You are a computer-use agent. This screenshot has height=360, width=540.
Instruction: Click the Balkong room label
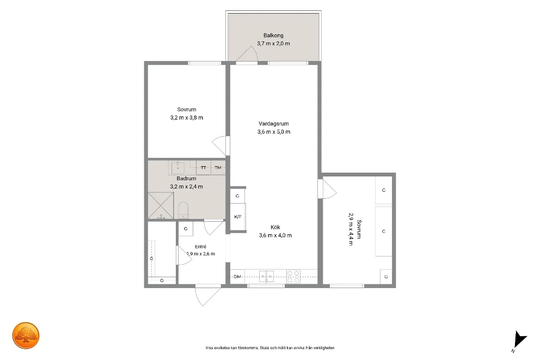(x=273, y=35)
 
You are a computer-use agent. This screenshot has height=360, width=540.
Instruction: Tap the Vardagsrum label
(x=274, y=123)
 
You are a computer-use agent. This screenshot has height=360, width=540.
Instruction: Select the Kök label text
(x=275, y=227)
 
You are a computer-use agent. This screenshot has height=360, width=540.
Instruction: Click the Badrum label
(x=186, y=179)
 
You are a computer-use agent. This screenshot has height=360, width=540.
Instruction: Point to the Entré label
(x=200, y=247)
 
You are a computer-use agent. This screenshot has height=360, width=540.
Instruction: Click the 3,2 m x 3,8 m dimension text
(x=187, y=118)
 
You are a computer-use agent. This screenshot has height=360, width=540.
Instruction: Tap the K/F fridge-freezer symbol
(x=238, y=217)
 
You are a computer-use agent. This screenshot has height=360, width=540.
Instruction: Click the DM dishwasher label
(x=237, y=277)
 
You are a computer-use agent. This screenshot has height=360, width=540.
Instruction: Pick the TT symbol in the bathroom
(x=204, y=168)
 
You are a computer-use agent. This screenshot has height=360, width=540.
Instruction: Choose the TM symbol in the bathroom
(x=218, y=168)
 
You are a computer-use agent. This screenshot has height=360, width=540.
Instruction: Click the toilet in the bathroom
(x=183, y=210)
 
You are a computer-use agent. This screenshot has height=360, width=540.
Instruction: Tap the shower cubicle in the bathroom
(x=161, y=206)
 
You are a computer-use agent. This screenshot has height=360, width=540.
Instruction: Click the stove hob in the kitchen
(x=294, y=277)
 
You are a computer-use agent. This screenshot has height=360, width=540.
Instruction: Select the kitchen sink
(x=266, y=276)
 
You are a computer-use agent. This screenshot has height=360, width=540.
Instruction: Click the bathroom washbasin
(x=177, y=168)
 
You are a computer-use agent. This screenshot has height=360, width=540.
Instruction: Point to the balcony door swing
(x=247, y=54)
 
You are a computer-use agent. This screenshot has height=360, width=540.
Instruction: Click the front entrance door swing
(x=208, y=296)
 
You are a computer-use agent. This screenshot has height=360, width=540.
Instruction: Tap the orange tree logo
(x=26, y=335)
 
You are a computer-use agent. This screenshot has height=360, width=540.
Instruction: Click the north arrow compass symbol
(x=520, y=340)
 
